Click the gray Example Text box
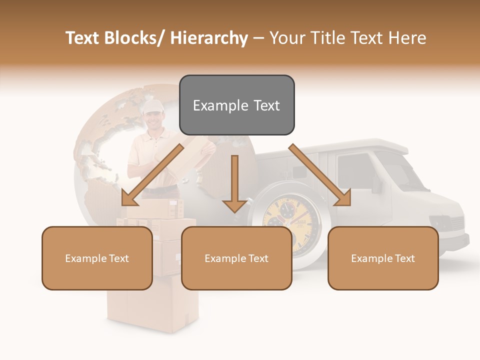point(236,105)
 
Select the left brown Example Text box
point(97,258)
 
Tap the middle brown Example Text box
point(236,258)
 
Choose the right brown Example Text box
point(383,258)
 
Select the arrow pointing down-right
point(320,175)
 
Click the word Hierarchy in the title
point(209,38)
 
